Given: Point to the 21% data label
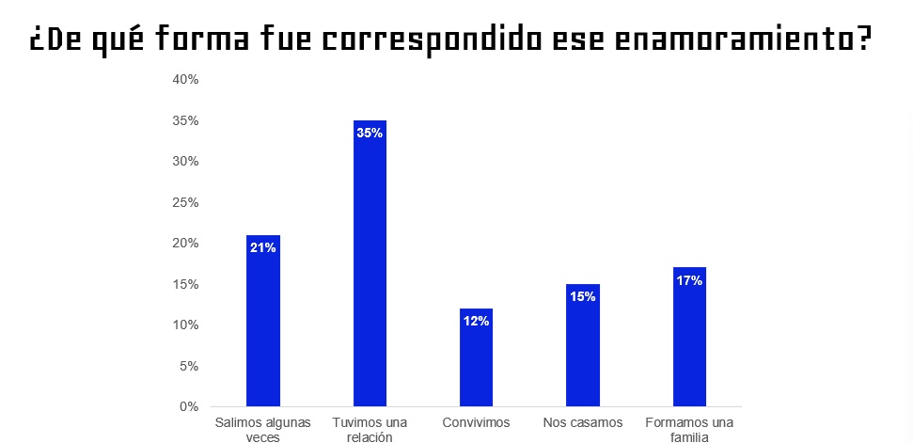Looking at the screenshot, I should (262, 248).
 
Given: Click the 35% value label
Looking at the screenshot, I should (370, 134).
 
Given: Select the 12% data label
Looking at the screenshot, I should (476, 322).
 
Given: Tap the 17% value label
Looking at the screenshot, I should (689, 280).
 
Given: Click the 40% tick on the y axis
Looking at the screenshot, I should (185, 80).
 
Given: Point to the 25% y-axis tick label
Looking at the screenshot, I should (185, 202).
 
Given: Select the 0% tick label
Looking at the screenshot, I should (189, 407).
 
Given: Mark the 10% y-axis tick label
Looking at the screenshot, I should (185, 325).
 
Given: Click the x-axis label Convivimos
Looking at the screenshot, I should (476, 422).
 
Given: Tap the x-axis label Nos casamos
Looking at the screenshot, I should (583, 422).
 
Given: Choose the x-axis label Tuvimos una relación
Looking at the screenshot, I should (370, 429).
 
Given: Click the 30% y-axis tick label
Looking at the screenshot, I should (185, 162).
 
